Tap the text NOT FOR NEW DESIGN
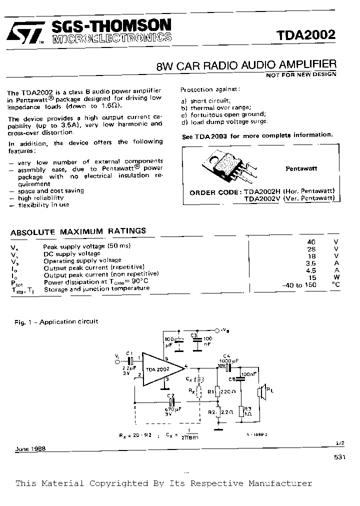(301, 74)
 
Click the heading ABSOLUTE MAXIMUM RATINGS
(78, 231)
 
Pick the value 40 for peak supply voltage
(311, 241)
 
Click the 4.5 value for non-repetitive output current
(311, 270)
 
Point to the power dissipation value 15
(311, 277)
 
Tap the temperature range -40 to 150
(299, 284)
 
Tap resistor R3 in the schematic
(241, 411)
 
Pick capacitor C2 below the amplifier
(171, 401)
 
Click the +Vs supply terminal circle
(217, 330)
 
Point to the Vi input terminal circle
(118, 359)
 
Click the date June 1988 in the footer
(30, 448)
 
